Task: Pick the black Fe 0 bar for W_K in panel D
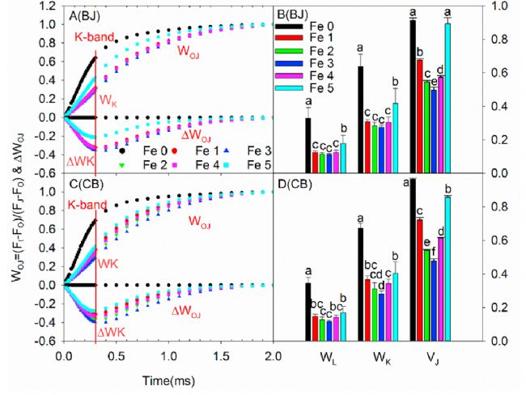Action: (x=360, y=284)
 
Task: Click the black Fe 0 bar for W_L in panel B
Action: (x=308, y=145)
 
